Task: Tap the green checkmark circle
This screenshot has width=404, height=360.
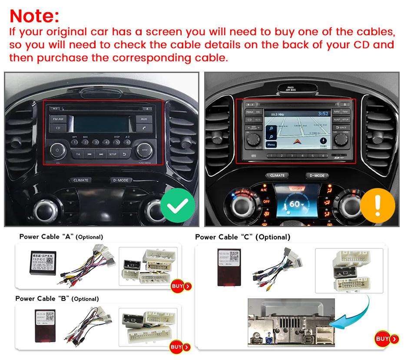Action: pos(177,205)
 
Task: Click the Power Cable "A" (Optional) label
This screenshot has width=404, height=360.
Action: pos(61,237)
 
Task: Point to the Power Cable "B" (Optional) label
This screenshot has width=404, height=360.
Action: pos(57,299)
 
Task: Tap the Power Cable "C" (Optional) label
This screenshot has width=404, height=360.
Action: pos(242,237)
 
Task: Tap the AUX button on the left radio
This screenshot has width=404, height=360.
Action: pos(144,119)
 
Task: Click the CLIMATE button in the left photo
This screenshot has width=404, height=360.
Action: pos(81,180)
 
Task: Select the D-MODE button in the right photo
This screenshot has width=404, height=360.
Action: pos(317,175)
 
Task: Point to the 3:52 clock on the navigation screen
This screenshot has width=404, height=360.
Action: pos(322,114)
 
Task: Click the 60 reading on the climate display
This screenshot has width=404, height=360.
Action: pos(296,204)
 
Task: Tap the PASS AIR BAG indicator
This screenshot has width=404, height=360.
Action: pos(290,88)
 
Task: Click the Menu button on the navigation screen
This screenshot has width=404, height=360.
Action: pos(272,144)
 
